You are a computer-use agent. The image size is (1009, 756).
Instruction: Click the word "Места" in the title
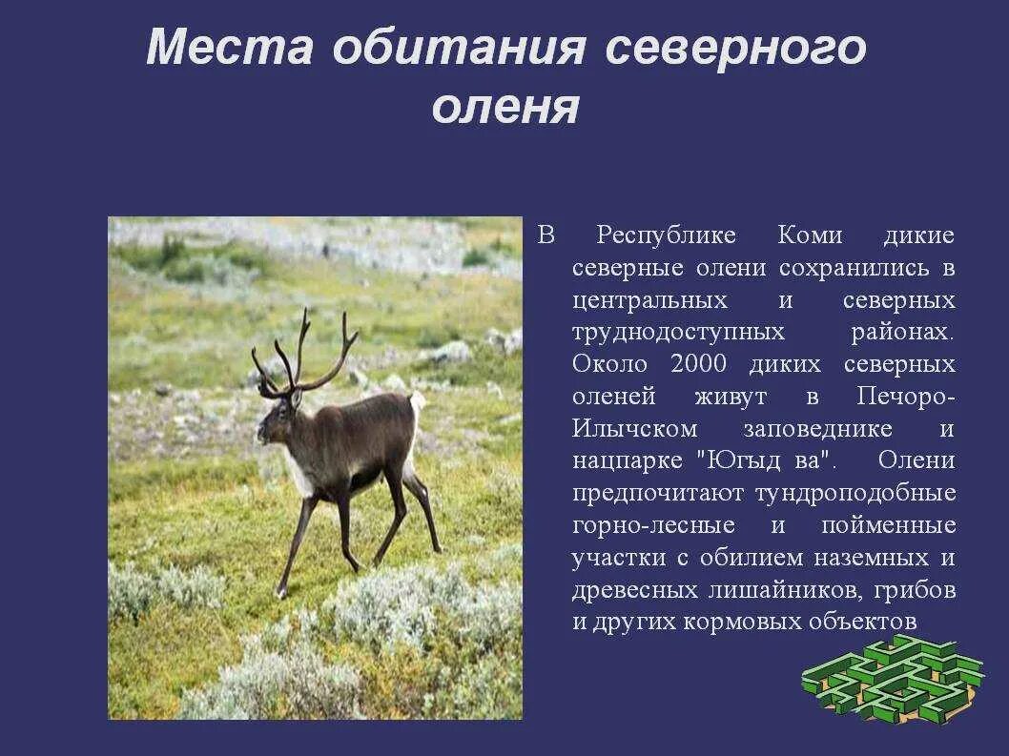pos(230,48)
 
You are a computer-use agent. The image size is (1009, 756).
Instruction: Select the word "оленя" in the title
pos(504,107)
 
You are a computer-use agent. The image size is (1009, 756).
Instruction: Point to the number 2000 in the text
pos(699,365)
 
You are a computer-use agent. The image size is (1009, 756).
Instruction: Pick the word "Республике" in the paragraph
pos(667,235)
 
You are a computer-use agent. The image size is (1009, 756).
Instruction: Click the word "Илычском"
pos(635,429)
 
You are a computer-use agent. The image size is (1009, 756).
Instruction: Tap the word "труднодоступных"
pos(679,333)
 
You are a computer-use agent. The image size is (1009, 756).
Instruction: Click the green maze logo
pos(893,678)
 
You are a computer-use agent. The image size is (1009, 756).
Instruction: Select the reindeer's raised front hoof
pos(281,592)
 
